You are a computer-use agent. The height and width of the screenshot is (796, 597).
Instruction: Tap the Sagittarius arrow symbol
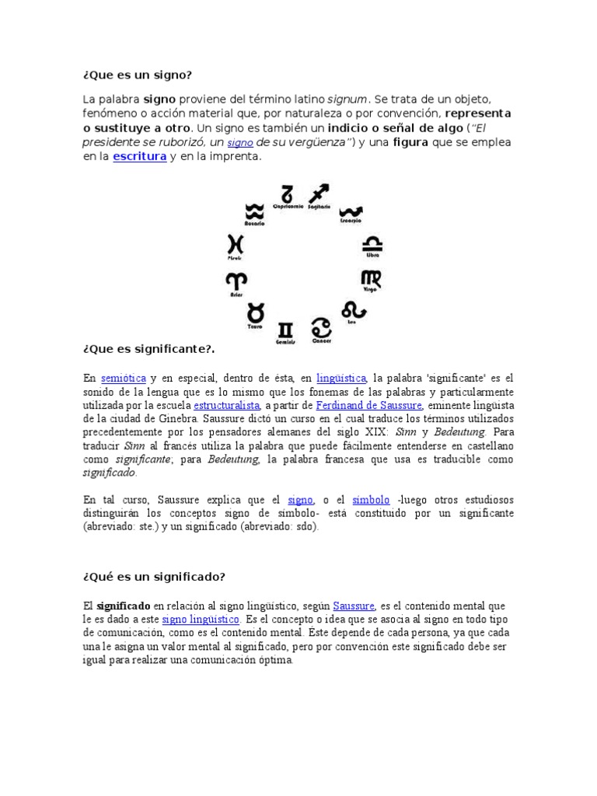click(319, 194)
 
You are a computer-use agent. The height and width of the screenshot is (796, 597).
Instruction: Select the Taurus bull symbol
click(254, 314)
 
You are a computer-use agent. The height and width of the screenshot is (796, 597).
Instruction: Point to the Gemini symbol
click(286, 329)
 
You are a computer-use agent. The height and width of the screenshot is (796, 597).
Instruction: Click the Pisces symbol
click(236, 243)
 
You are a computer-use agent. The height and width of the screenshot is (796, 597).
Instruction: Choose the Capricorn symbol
click(287, 192)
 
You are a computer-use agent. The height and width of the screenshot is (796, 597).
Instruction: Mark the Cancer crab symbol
click(320, 327)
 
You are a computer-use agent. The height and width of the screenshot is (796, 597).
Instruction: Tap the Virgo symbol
click(371, 278)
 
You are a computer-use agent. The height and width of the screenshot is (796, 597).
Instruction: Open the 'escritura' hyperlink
click(140, 157)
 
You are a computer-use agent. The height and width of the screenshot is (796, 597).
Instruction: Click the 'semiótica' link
click(124, 378)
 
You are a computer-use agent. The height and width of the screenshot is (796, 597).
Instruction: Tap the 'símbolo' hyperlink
click(370, 499)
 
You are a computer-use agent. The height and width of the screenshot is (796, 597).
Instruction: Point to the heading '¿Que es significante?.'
click(148, 348)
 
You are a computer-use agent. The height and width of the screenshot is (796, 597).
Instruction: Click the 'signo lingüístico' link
click(201, 620)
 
